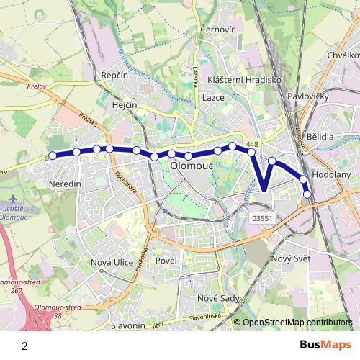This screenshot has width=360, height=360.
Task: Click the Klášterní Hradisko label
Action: tap(243, 80)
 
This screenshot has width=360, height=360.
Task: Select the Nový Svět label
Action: tap(289, 258)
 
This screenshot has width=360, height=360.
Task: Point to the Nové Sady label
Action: tap(217, 297)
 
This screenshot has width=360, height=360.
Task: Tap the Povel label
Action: tap(166, 261)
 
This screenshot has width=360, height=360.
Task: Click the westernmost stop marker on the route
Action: tap(52, 155)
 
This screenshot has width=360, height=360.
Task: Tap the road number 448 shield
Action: tap(251, 145)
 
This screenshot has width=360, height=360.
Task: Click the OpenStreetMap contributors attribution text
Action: tap(298, 323)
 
